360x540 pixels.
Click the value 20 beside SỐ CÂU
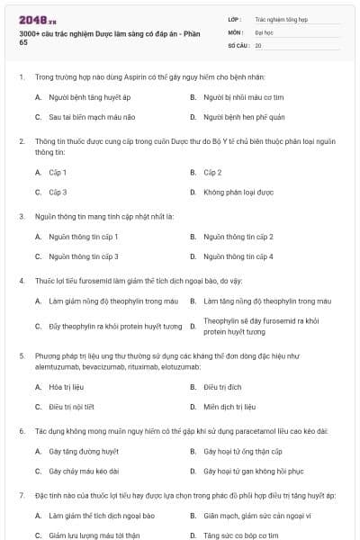click(x=258, y=44)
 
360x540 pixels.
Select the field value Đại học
click(x=265, y=31)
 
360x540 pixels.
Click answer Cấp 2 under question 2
click(x=212, y=172)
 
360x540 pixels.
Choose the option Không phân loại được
click(x=238, y=192)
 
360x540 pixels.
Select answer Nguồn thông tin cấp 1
click(x=84, y=237)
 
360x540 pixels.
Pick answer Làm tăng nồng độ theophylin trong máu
click(x=267, y=301)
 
